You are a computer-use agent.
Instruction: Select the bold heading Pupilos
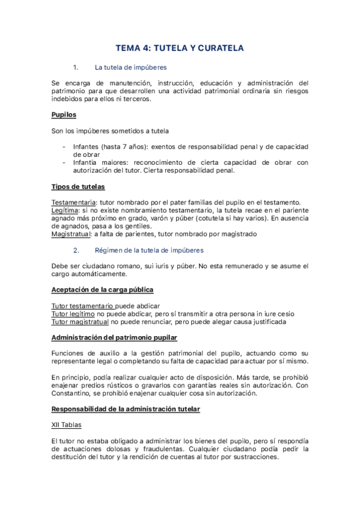point(64,114)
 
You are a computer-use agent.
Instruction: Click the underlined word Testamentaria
point(73,201)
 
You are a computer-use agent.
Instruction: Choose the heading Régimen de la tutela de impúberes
point(150,250)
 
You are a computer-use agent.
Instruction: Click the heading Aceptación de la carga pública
point(102,289)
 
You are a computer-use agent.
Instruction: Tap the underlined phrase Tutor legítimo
point(73,313)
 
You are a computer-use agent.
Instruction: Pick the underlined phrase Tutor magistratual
point(79,321)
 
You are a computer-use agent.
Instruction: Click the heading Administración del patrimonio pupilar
point(114,337)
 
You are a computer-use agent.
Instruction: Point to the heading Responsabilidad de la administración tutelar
point(126,409)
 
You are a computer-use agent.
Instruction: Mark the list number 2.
point(75,250)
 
